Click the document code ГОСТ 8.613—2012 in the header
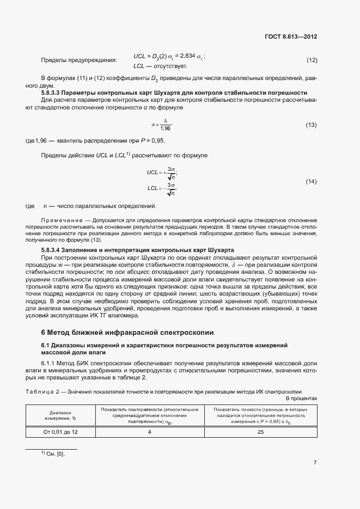289,38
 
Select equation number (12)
312,60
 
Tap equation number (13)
312,125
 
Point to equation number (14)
312,181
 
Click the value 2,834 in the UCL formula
185,57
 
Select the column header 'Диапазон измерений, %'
60,415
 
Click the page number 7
315,462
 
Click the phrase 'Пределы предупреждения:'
79,60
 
